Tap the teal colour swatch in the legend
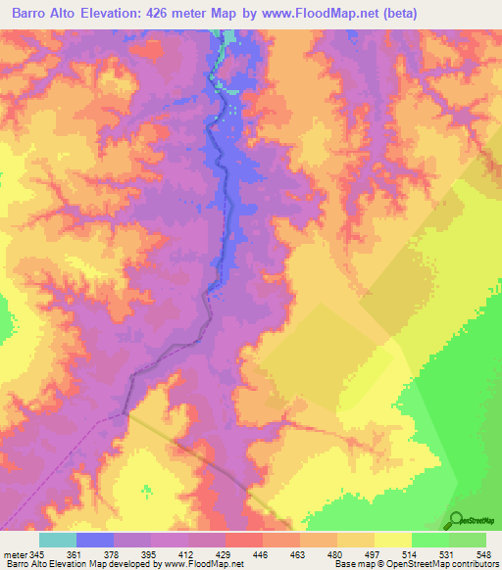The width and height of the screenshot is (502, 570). pyautogui.click(x=58, y=540)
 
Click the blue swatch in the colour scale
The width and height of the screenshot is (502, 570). pyautogui.click(x=95, y=540)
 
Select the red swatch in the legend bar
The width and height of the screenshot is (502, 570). pyautogui.click(x=244, y=540)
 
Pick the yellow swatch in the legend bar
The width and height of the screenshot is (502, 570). pyautogui.click(x=392, y=540)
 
